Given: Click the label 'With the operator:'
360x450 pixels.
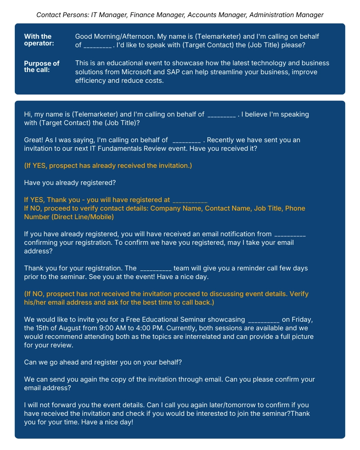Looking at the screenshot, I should (x=38, y=40).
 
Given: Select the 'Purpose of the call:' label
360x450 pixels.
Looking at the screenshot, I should (x=42, y=67).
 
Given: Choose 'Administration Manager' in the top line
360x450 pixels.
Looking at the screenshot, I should (x=286, y=15).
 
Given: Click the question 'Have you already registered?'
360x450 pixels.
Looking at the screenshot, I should (x=70, y=183).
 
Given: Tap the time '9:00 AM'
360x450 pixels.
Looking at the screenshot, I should (x=112, y=328).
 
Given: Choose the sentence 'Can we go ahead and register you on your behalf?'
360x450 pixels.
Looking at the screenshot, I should (x=103, y=362).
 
